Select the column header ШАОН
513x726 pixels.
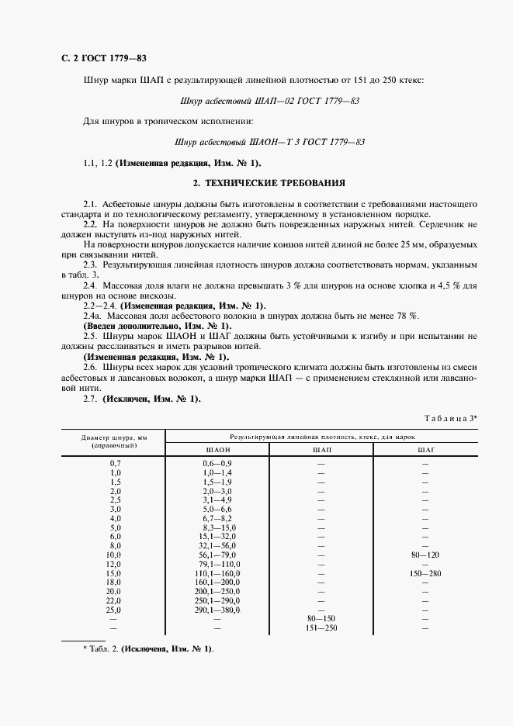217,449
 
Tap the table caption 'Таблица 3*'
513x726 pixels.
451,417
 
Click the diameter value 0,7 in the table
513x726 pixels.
116,463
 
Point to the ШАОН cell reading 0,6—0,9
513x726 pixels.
217,463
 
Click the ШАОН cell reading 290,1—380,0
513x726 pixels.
217,609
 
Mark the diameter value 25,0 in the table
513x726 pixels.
116,609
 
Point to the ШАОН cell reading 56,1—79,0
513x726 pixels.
217,555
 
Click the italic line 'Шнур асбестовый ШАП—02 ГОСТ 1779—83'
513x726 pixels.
269,100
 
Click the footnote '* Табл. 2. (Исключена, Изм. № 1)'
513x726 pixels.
147,648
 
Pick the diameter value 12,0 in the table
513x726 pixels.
116,564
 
